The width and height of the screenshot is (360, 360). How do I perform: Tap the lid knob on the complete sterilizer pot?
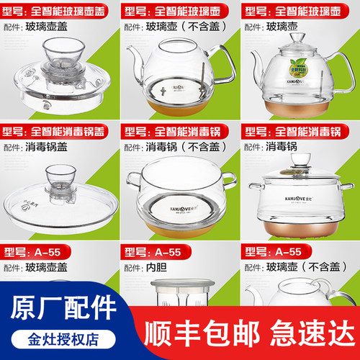[295, 159]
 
